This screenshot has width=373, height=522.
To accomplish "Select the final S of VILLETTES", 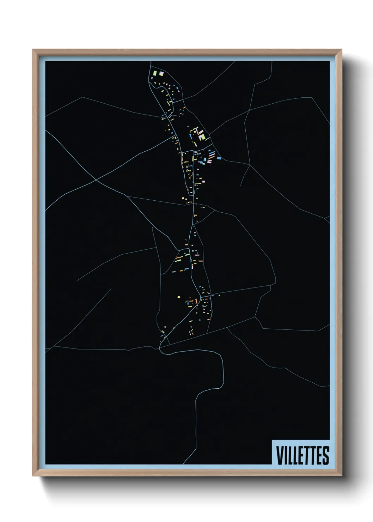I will click(x=326, y=455).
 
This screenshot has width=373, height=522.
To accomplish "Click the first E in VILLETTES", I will click(x=302, y=455).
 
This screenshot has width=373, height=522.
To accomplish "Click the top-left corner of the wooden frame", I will click(x=33, y=50).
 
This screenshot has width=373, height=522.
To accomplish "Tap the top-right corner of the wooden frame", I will click(x=342, y=50).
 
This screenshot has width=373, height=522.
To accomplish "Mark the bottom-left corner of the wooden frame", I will click(x=33, y=476).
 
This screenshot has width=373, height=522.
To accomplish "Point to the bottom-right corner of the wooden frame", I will click(x=342, y=476).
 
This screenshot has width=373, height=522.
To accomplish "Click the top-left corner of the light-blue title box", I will click(x=272, y=440).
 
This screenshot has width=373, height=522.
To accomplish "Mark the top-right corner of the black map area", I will click(x=329, y=61).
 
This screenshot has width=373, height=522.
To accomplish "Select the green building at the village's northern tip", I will click(x=154, y=73).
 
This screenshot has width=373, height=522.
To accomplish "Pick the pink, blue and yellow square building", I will click(x=161, y=73).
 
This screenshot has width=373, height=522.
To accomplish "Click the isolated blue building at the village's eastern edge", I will click(x=219, y=158).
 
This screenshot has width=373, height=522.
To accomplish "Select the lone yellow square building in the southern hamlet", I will click(x=179, y=297).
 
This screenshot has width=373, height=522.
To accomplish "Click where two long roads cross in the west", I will click(x=96, y=180).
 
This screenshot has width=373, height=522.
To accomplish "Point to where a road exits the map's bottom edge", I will click(x=184, y=463).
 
